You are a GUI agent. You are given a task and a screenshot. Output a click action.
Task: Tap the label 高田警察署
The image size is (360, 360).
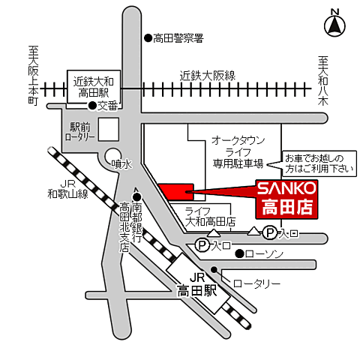(178, 37)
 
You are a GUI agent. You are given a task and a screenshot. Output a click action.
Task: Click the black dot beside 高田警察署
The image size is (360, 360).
(147, 37)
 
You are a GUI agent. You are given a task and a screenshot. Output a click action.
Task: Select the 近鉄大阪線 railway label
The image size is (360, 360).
(208, 75)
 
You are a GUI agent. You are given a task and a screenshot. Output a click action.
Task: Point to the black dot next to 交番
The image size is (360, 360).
(91, 106)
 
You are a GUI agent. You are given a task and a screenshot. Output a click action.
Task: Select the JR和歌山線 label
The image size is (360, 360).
(67, 188)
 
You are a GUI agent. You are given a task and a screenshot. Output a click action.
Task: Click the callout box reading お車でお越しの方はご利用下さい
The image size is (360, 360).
(313, 163)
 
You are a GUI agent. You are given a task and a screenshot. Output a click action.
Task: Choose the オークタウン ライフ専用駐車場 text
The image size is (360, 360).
(237, 151)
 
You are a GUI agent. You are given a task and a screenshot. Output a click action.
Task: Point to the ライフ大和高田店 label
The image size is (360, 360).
(211, 217)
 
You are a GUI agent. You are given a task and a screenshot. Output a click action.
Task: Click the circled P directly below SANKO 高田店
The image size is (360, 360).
(269, 234)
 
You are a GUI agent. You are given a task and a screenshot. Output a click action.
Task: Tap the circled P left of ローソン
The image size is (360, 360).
(201, 245)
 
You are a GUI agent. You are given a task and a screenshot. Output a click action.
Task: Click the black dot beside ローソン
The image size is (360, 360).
(238, 254)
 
